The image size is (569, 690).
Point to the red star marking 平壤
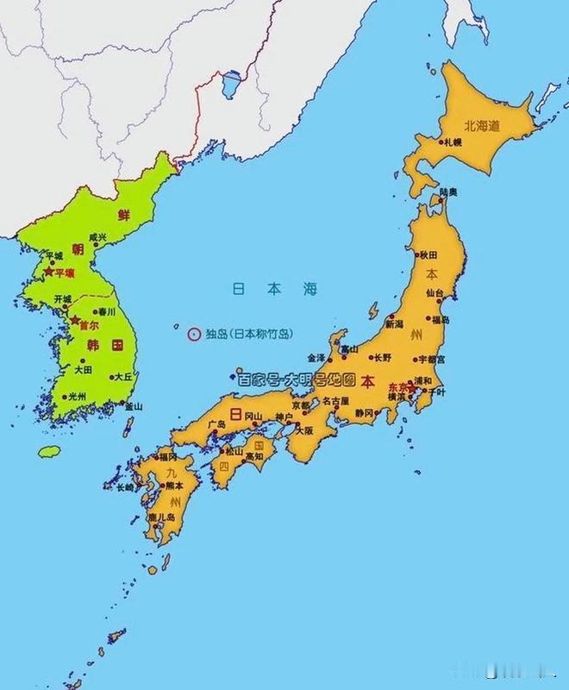[x=48, y=272]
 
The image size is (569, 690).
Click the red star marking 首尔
[x=74, y=320]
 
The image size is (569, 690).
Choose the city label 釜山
[x=134, y=405]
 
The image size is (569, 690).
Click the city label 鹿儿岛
[x=161, y=517]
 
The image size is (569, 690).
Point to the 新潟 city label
[x=394, y=325]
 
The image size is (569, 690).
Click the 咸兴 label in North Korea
[x=97, y=237]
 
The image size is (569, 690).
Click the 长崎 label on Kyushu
[x=126, y=487]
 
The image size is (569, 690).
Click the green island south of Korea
[x=50, y=451]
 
